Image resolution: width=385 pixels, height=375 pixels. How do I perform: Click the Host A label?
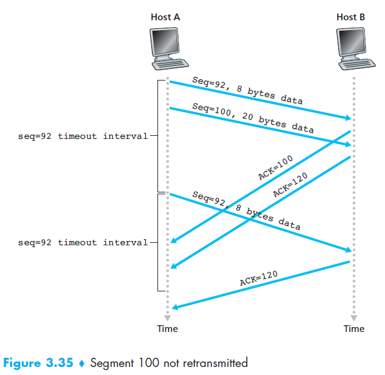tap(165, 17)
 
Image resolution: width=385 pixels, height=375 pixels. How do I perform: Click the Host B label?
tap(351, 17)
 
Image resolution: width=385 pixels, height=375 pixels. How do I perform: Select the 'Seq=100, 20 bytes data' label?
tap(253, 118)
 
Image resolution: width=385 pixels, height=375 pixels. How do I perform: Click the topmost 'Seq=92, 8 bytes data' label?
tap(247, 90)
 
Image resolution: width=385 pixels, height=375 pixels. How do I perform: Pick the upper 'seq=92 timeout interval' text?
tap(83, 136)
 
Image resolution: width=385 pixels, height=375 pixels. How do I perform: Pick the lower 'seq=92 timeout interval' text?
tap(83, 242)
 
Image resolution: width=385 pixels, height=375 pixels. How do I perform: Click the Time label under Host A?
tap(167, 329)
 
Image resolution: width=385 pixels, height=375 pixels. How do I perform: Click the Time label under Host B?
tap(354, 329)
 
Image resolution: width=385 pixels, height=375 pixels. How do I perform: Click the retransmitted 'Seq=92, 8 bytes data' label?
tap(246, 210)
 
